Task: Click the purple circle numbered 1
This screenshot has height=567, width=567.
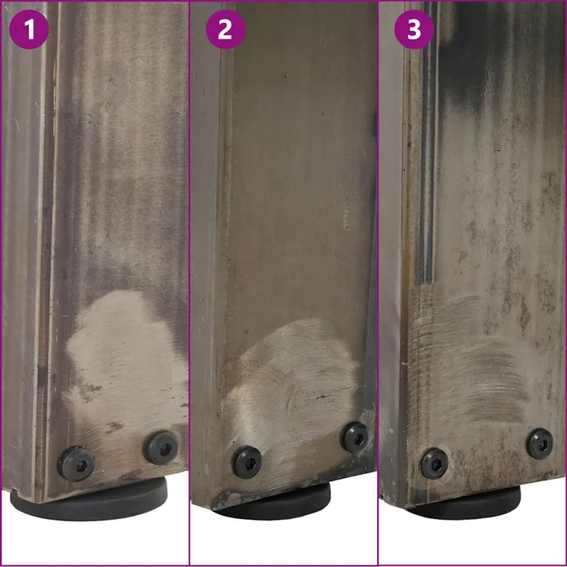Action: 29,29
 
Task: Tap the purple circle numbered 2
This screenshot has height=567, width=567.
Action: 225,29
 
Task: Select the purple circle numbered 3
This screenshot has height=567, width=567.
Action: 414,29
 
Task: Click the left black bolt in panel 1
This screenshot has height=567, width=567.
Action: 77,464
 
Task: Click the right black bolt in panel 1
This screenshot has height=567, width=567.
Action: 162,449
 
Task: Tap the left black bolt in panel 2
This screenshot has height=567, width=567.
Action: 247,463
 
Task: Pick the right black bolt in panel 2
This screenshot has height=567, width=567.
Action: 356,438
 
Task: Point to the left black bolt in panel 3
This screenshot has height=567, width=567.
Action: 434,463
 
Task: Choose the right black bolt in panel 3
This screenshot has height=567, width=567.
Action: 539,444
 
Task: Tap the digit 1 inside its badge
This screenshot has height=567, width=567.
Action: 29,30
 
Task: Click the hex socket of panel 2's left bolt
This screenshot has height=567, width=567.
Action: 247,463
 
